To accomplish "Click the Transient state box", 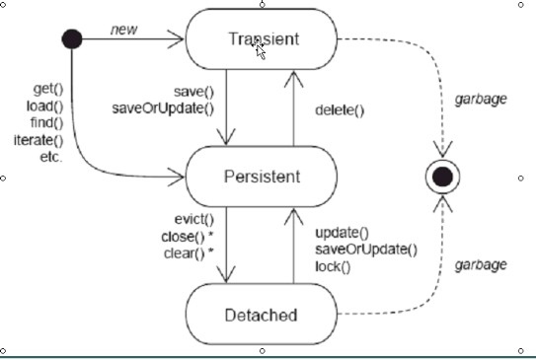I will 256,39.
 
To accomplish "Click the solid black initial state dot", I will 72,39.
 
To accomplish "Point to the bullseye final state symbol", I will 442,177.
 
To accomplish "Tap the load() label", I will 45,107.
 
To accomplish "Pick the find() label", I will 45,122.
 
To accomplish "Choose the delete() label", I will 341,110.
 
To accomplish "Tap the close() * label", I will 188,237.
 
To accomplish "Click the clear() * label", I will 189,253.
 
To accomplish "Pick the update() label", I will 342,233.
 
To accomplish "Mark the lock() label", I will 333,265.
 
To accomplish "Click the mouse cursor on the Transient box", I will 261,48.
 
